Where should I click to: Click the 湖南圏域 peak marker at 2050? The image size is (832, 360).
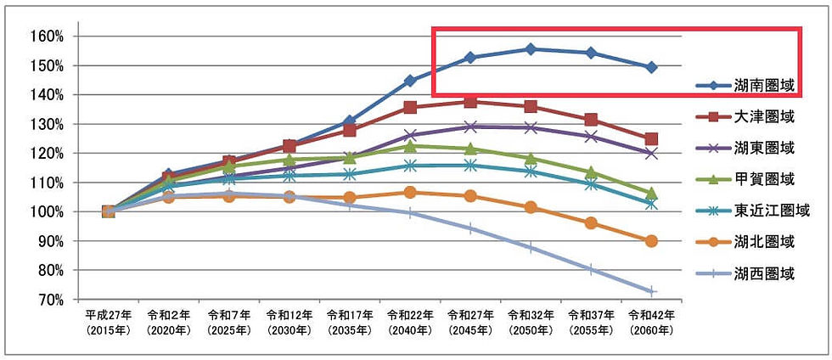(x=531, y=49)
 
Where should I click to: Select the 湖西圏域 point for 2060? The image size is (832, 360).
(x=651, y=291)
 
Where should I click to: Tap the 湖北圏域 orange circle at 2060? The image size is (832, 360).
(x=651, y=241)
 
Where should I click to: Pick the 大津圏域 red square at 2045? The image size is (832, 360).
(x=470, y=102)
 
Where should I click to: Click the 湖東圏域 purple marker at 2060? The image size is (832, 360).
(x=651, y=154)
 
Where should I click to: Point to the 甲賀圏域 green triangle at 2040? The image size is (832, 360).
(x=410, y=146)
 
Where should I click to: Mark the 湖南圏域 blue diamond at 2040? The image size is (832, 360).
(x=410, y=81)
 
